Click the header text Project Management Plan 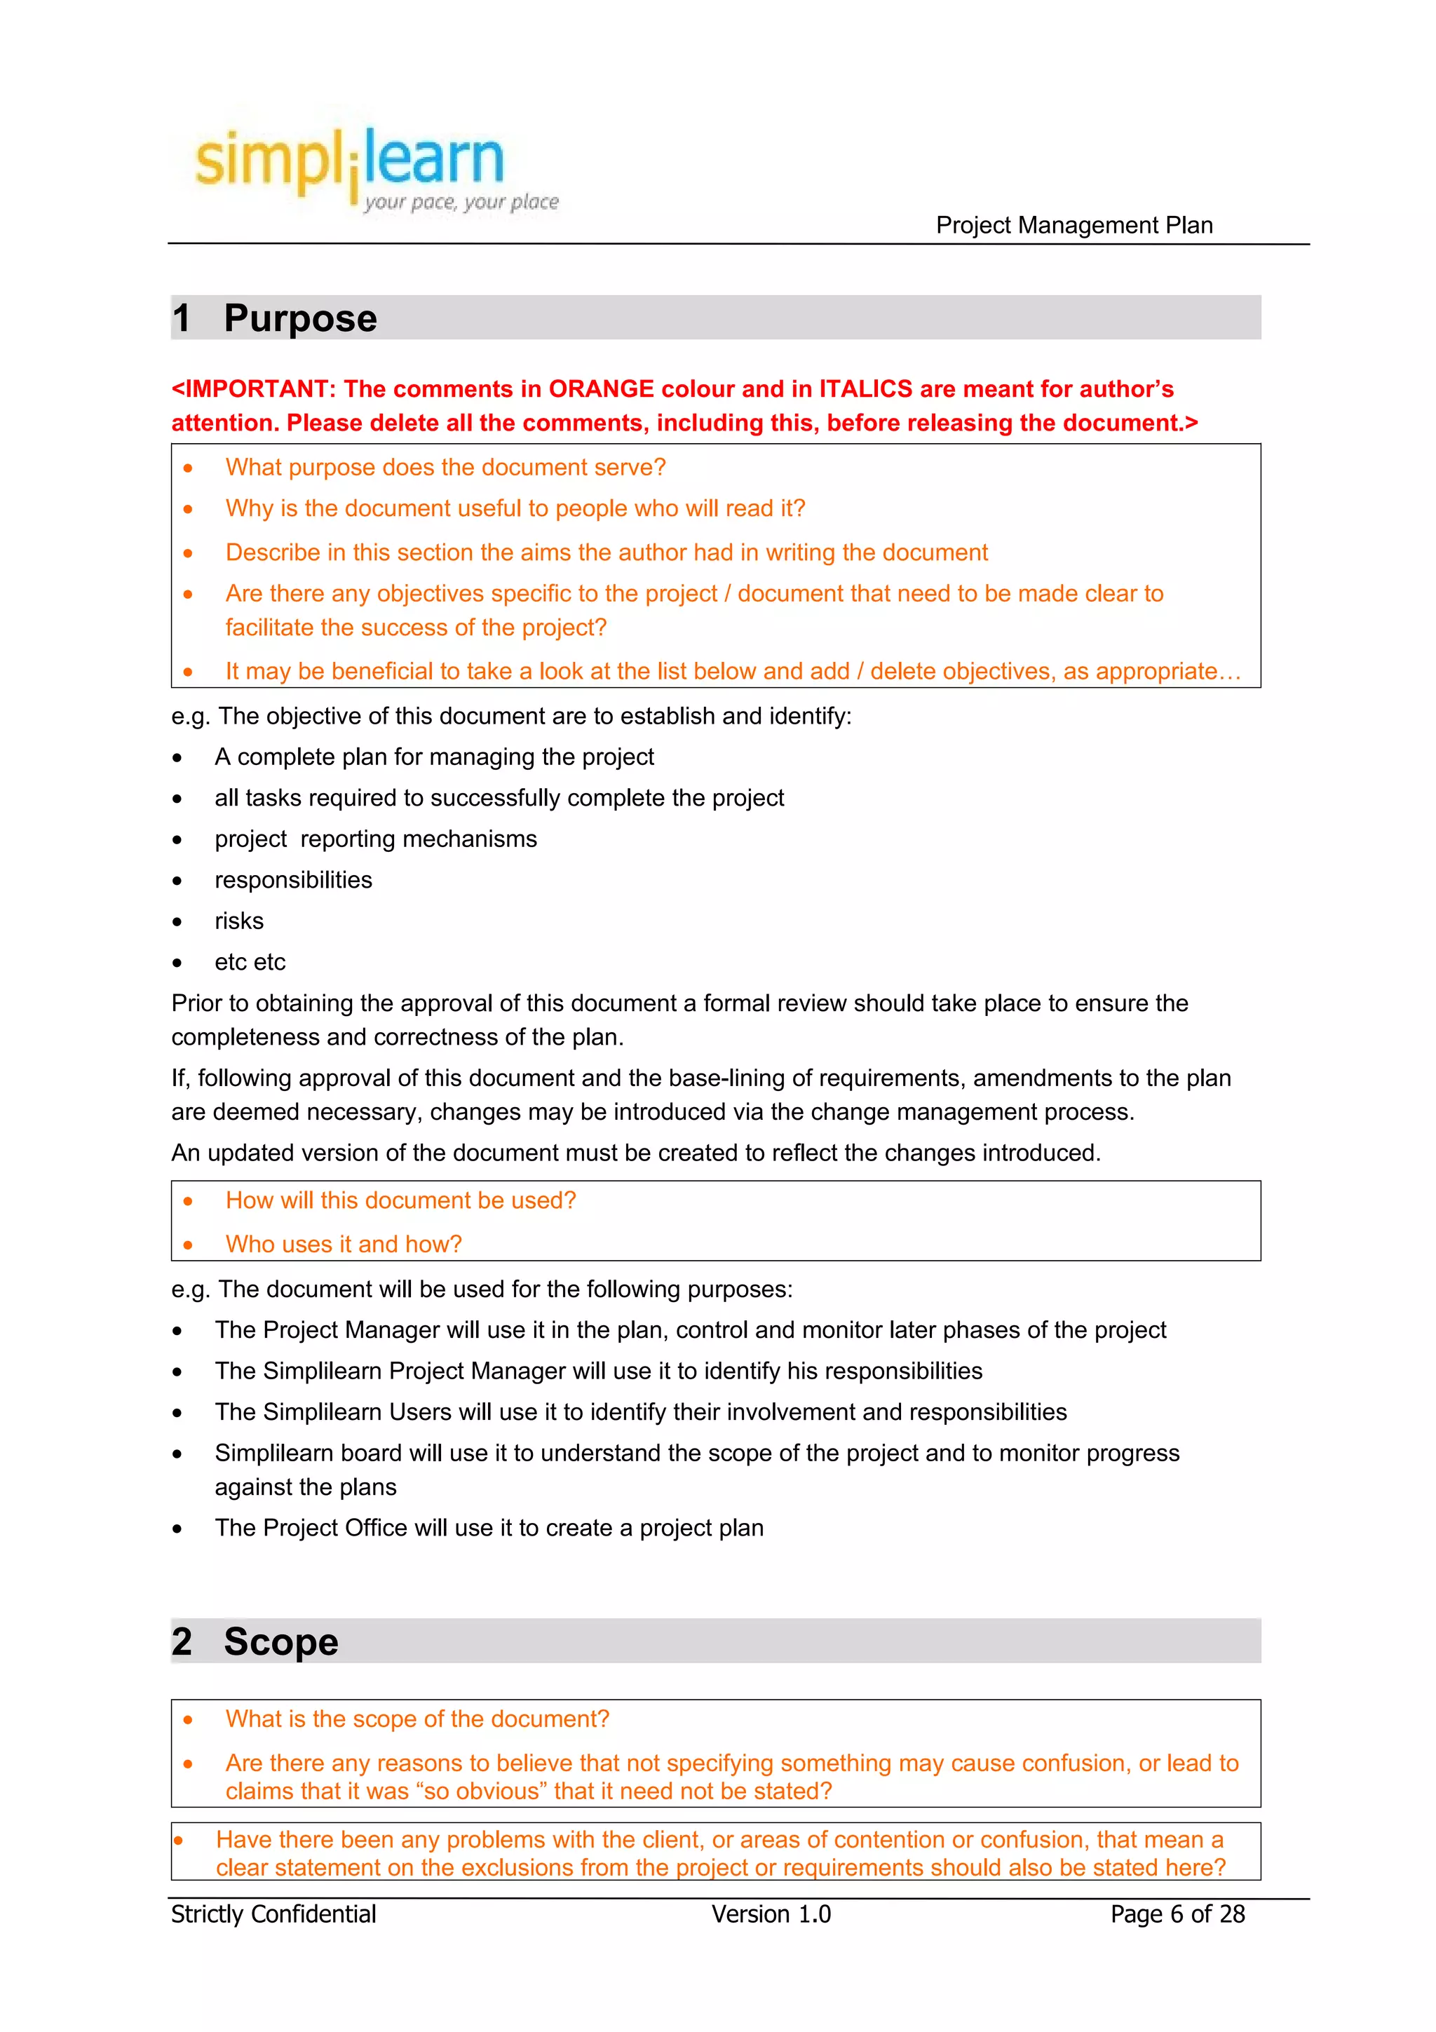[x=1073, y=226]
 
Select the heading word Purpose [x=300, y=318]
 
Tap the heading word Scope [x=280, y=1641]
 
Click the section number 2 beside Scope [x=182, y=1641]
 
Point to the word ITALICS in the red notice [x=865, y=389]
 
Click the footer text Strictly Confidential [x=273, y=1914]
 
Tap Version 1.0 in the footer [x=771, y=1914]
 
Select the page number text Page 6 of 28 [x=1177, y=1914]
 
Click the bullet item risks [x=239, y=921]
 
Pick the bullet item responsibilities [x=293, y=881]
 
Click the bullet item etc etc [x=250, y=962]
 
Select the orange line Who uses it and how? [x=344, y=1245]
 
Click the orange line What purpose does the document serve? [x=445, y=467]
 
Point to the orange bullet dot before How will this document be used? [x=188, y=1202]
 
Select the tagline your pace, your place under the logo [x=461, y=203]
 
